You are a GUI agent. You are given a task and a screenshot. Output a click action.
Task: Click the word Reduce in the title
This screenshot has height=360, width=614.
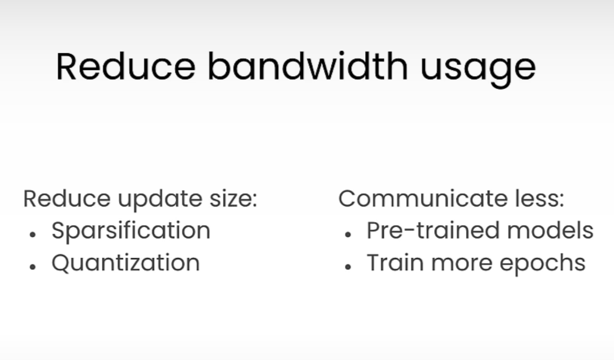click(126, 67)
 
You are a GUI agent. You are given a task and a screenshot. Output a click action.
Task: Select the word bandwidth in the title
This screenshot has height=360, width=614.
click(308, 67)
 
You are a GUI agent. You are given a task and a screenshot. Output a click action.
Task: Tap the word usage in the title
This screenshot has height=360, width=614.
click(478, 70)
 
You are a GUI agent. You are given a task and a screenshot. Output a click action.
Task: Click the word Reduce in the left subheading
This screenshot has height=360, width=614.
click(67, 198)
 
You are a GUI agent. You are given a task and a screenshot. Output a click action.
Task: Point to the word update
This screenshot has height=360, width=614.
click(160, 200)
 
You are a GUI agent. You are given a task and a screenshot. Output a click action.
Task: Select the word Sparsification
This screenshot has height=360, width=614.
click(131, 231)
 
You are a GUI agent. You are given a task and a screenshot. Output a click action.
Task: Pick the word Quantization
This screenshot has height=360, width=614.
click(126, 263)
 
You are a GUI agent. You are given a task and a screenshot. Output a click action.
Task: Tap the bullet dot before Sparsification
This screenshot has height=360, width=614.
click(33, 235)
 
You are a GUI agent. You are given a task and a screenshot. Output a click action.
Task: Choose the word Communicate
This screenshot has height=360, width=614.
click(423, 198)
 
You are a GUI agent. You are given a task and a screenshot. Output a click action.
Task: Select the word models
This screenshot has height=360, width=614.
click(551, 230)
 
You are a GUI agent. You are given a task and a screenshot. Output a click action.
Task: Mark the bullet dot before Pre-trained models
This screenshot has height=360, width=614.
click(348, 235)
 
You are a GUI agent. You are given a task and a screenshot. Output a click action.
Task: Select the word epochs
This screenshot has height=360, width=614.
click(543, 265)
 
